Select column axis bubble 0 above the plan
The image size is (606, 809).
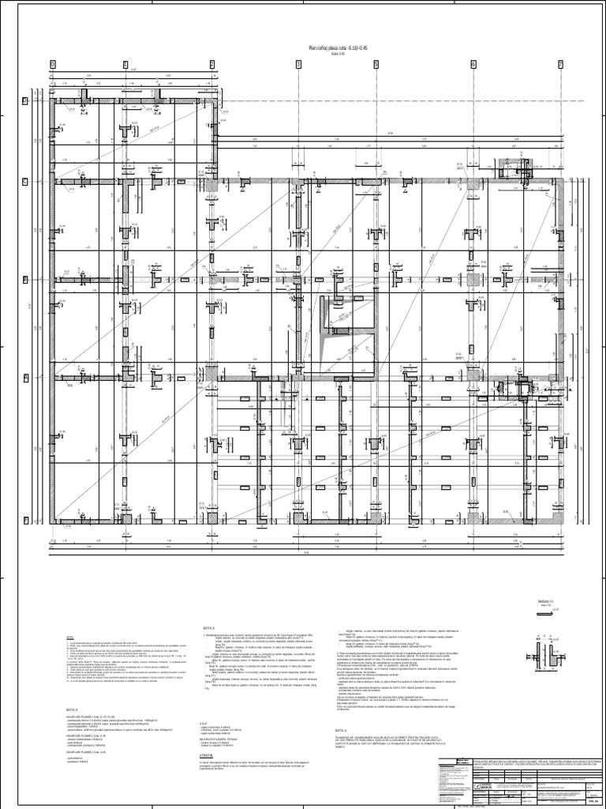pyautogui.click(x=52, y=64)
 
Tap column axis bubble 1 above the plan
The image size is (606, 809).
pyautogui.click(x=125, y=64)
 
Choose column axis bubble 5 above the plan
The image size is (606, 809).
pyautogui.click(x=472, y=64)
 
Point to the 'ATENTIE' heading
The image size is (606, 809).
pyautogui.click(x=209, y=733)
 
